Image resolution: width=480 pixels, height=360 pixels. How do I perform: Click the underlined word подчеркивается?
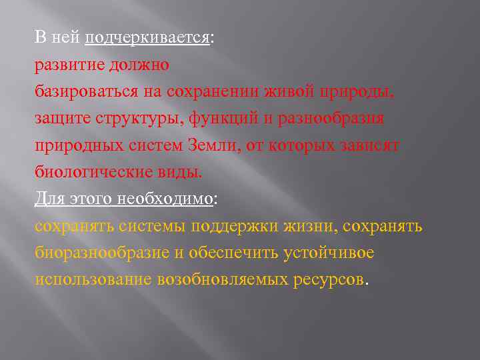[x=147, y=38]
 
